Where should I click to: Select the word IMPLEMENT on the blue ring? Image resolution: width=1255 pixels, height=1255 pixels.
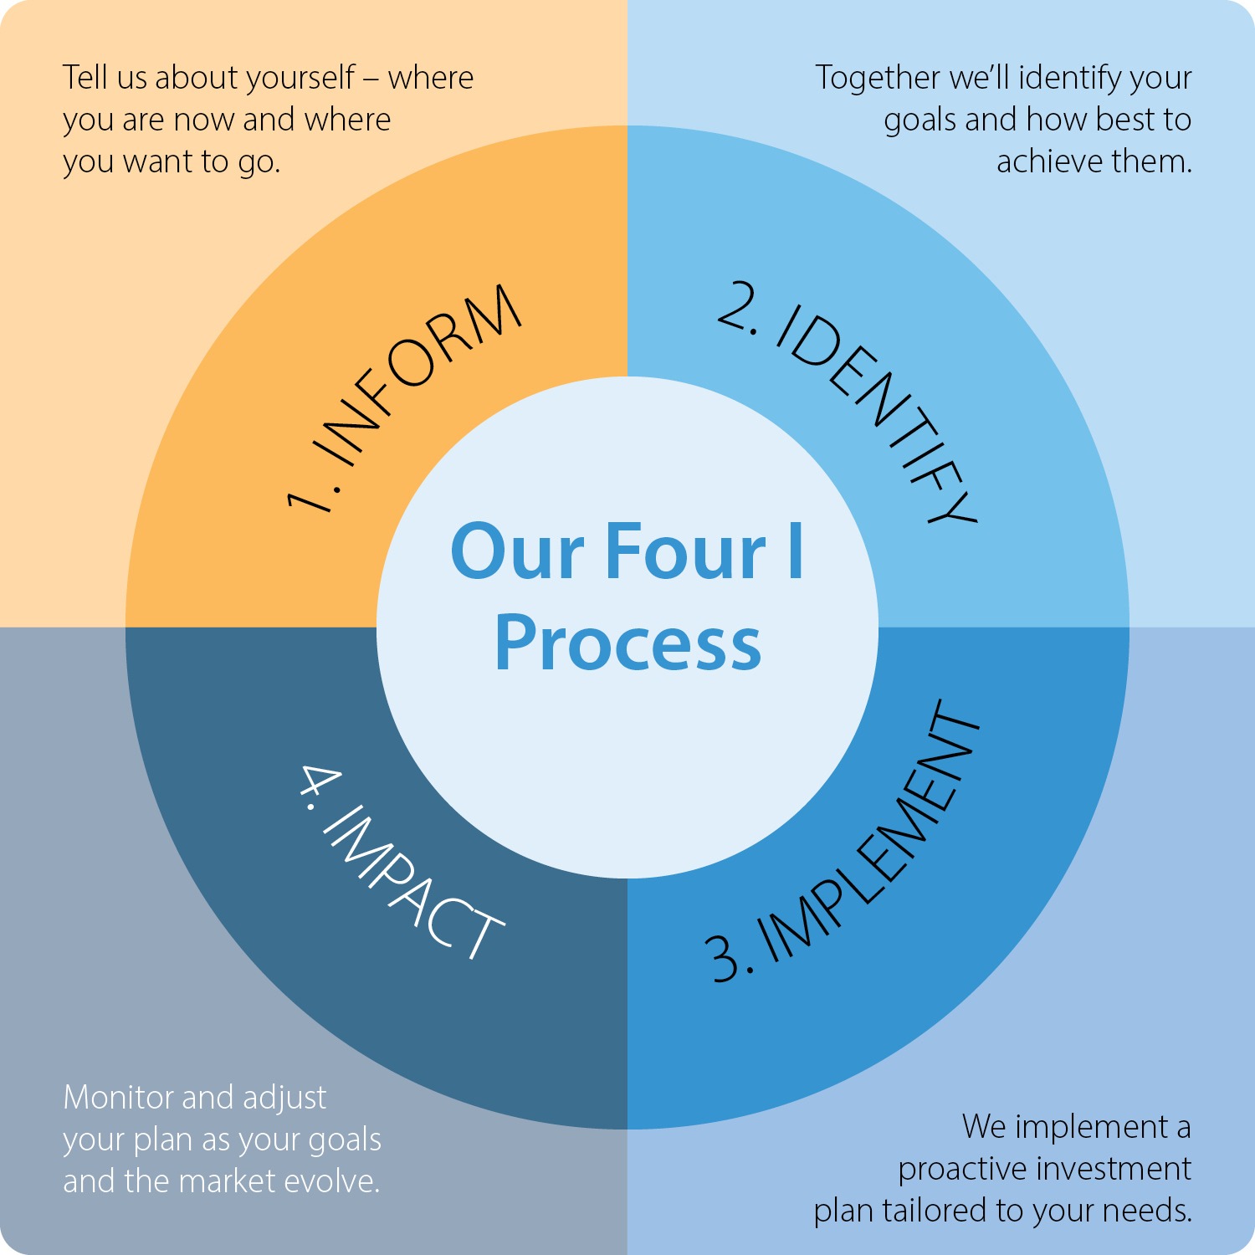[870, 832]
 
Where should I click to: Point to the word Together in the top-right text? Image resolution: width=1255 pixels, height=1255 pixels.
[878, 78]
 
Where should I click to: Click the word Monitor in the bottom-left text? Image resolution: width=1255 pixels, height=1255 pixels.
[118, 1097]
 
